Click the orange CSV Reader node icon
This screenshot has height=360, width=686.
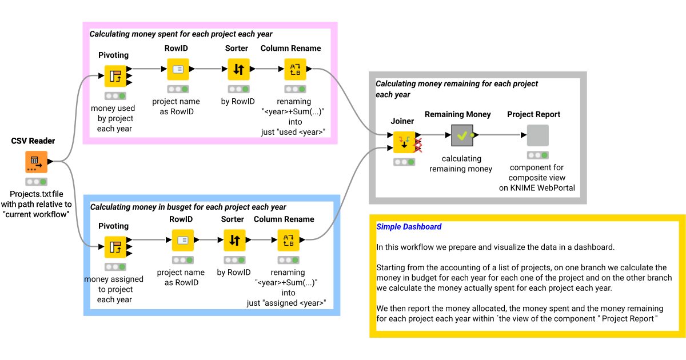36,162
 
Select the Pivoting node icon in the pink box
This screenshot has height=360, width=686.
115,75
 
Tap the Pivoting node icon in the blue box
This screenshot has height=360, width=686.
115,246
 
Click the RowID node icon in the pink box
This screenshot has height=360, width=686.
178,69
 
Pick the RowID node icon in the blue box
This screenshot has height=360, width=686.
183,240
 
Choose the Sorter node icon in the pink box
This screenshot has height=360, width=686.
238,69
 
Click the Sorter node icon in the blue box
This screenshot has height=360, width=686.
234,240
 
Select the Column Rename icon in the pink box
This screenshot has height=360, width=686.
295,69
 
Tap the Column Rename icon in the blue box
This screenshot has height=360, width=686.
289,240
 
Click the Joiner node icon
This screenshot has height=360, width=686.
404,142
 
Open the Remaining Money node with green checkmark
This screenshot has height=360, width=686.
462,135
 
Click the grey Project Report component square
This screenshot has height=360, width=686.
537,135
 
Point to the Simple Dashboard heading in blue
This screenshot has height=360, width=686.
409,227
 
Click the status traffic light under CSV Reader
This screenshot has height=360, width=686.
36,182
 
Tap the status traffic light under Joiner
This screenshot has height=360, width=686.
404,162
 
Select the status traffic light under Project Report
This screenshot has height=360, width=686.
537,155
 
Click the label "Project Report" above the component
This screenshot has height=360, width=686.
533,114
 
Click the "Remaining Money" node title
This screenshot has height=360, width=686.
457,114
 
